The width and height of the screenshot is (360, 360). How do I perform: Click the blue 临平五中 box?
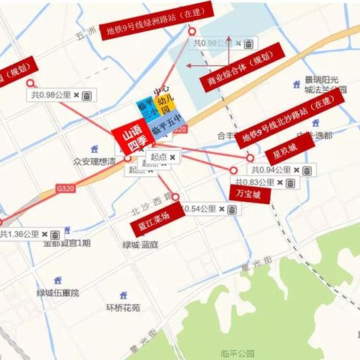coord(166,130)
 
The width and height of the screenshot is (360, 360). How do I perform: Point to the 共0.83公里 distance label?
coord(253,183)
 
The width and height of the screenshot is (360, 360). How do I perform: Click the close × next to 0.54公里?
coord(222,209)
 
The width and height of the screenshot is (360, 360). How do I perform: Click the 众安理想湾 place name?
coord(94,161)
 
